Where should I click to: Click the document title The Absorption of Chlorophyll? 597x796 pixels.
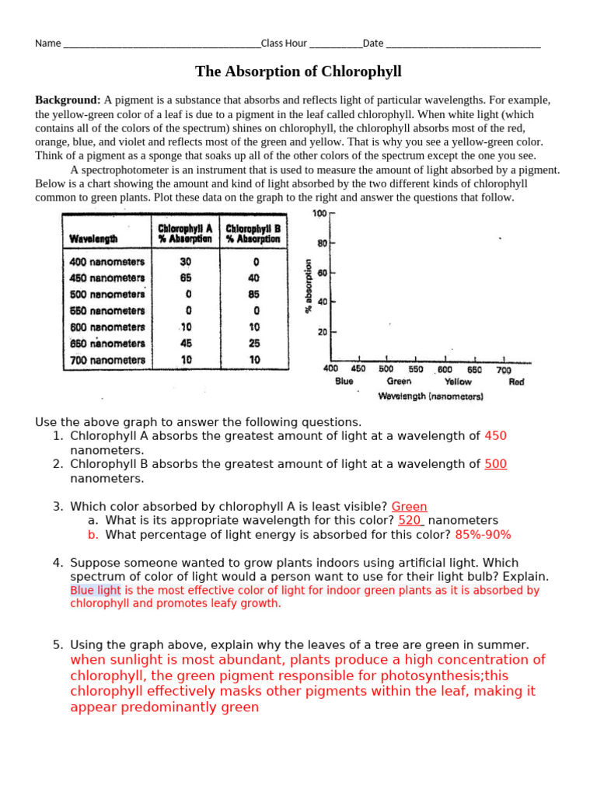[x=298, y=72]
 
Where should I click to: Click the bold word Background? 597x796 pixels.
[x=68, y=100]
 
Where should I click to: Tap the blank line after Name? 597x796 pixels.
[x=161, y=44]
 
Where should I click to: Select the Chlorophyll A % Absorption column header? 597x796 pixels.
[x=185, y=234]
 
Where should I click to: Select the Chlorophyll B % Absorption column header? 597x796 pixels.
[x=253, y=234]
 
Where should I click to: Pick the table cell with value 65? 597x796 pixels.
[x=186, y=278]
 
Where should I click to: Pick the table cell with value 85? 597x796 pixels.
[x=254, y=295]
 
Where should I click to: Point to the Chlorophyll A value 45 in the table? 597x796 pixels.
[x=186, y=344]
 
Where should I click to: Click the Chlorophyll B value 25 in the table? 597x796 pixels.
[x=254, y=344]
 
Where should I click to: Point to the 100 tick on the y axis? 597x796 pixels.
[x=319, y=214]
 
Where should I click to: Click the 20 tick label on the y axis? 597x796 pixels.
[x=321, y=332]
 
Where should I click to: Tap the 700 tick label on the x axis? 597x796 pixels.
[x=503, y=370]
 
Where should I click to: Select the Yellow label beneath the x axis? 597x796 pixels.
[x=458, y=382]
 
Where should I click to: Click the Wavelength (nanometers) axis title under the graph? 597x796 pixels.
[x=430, y=396]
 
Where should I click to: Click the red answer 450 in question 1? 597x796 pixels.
[x=495, y=436]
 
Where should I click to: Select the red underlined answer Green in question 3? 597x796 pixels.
[x=409, y=507]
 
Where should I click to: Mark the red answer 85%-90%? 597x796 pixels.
[x=483, y=535]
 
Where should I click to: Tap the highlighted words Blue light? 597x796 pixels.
[x=95, y=590]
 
